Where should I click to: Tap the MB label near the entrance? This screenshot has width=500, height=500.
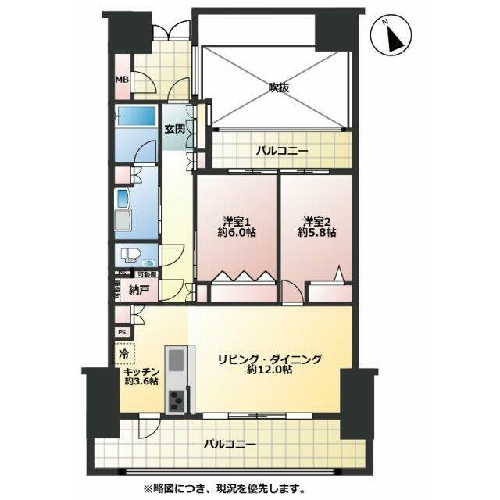point(122,80)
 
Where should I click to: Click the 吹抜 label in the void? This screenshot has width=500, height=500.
point(279,87)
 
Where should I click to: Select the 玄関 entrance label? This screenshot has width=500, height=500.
point(174,130)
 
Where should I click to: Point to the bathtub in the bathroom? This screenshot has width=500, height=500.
point(137,120)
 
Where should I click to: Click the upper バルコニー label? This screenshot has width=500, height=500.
point(282,150)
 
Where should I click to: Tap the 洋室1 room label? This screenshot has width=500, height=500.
point(235,220)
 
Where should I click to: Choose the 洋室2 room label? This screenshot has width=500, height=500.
point(316,220)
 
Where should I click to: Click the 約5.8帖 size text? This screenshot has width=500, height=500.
point(316,232)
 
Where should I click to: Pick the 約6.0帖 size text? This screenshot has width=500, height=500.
point(235,232)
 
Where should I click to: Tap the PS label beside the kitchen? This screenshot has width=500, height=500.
point(121,332)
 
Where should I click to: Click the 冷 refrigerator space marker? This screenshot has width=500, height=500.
point(123,353)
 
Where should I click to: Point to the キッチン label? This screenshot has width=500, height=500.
point(141,371)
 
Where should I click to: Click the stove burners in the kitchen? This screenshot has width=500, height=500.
point(177,398)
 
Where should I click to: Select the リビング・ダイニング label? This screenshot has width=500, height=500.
point(270,359)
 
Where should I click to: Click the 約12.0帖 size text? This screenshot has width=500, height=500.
point(270,371)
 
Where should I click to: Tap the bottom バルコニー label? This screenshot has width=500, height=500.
point(230,444)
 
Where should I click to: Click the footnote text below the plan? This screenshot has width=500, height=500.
point(221,490)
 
